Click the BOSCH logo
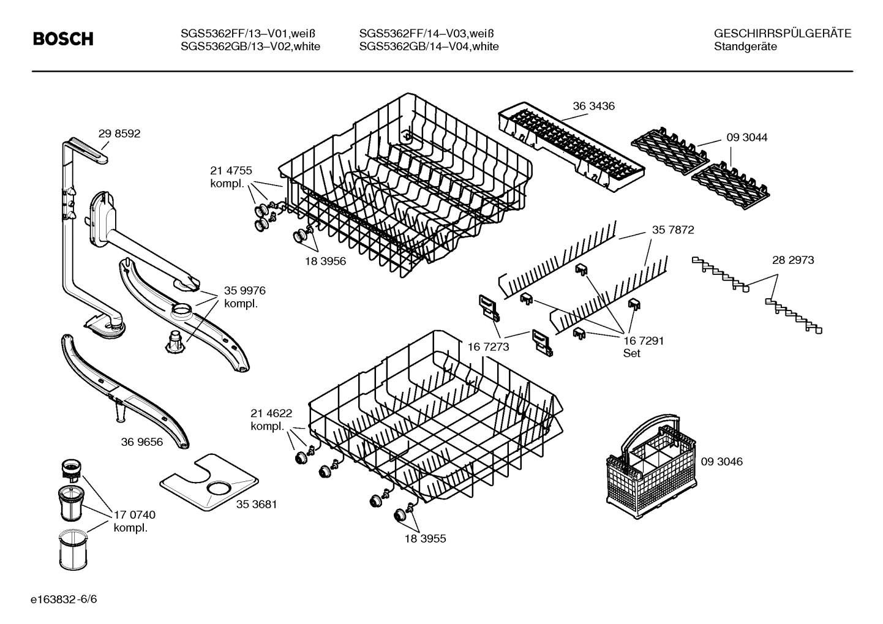click(x=63, y=40)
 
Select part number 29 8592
click(x=119, y=133)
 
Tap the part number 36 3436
click(x=593, y=106)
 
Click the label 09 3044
click(x=746, y=138)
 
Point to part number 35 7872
click(x=673, y=230)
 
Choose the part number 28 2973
click(x=793, y=260)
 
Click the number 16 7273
click(x=488, y=347)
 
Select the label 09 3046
click(x=721, y=462)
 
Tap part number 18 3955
click(x=425, y=539)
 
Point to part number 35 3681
click(x=257, y=505)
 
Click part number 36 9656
click(x=142, y=442)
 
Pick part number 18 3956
click(x=325, y=261)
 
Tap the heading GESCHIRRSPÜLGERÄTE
click(x=782, y=34)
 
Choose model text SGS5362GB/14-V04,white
click(x=429, y=47)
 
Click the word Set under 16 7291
click(x=631, y=353)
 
